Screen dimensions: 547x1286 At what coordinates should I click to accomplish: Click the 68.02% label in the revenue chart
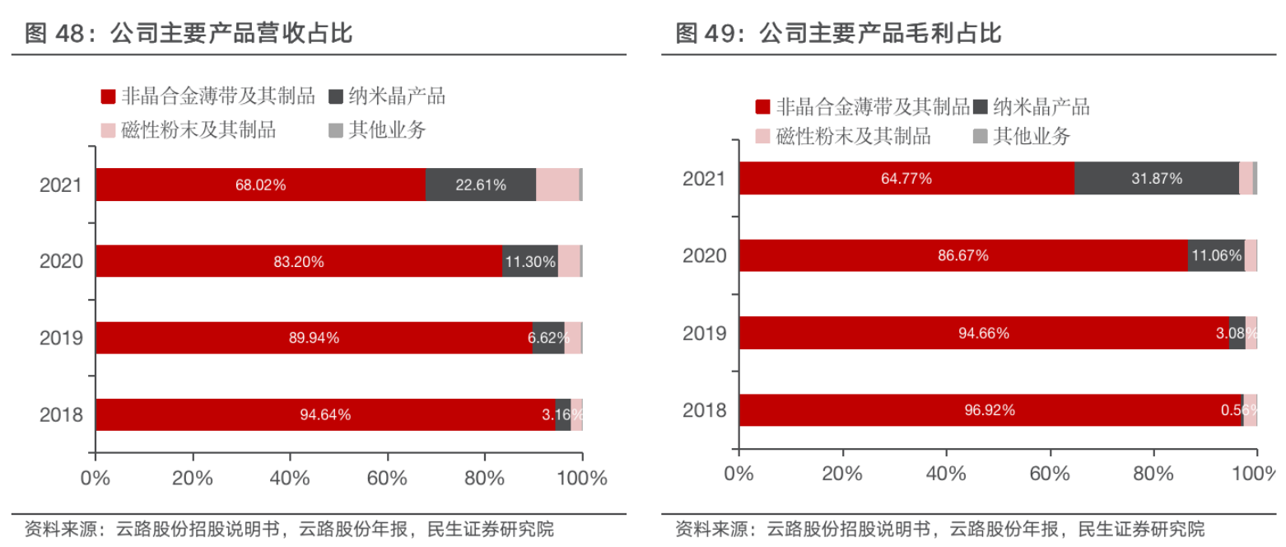260,185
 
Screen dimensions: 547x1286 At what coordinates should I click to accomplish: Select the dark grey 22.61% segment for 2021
481,185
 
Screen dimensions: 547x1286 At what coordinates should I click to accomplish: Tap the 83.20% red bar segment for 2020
299,262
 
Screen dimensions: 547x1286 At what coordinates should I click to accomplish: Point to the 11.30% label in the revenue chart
530,262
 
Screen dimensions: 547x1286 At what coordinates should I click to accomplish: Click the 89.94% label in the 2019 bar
314,338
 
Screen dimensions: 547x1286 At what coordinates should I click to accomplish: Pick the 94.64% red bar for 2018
325,414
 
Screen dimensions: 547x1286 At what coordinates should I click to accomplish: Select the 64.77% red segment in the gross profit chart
906,178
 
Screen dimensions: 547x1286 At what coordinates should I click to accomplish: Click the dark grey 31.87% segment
1156,178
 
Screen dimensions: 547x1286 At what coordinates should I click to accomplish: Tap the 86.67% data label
962,255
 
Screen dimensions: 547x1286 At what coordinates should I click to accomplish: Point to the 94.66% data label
984,333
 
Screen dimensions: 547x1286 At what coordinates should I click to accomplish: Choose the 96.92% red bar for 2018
990,409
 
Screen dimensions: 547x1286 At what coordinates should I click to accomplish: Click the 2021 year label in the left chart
62,185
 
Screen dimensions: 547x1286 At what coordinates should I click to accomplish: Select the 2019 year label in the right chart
705,333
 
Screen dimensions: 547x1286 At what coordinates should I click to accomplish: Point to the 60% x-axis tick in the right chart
1050,474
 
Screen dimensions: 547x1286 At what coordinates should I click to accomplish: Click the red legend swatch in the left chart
108,97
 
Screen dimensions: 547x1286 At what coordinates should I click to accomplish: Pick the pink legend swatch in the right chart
762,137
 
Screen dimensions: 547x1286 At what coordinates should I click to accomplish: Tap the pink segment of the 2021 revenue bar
557,185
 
